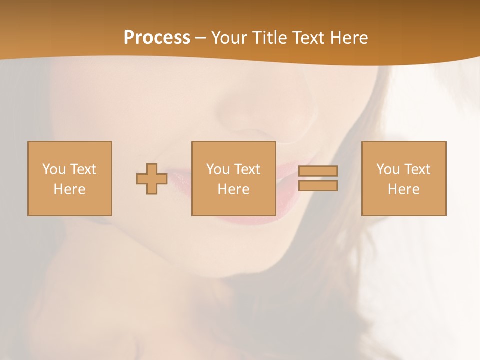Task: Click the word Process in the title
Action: pyautogui.click(x=157, y=38)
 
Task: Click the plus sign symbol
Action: pyautogui.click(x=152, y=179)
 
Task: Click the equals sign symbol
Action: pyautogui.click(x=318, y=178)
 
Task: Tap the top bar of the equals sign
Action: pyautogui.click(x=318, y=171)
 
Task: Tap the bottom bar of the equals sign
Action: pyautogui.click(x=318, y=185)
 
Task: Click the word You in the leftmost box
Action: pyautogui.click(x=54, y=169)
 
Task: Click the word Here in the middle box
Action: pyautogui.click(x=234, y=189)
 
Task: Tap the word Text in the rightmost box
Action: pyautogui.click(x=417, y=169)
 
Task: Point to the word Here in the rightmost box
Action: pyautogui.click(x=404, y=189)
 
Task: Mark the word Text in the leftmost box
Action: pyautogui.click(x=83, y=169)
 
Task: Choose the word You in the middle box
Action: pyautogui.click(x=218, y=169)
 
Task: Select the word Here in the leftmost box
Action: pyautogui.click(x=70, y=189)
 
